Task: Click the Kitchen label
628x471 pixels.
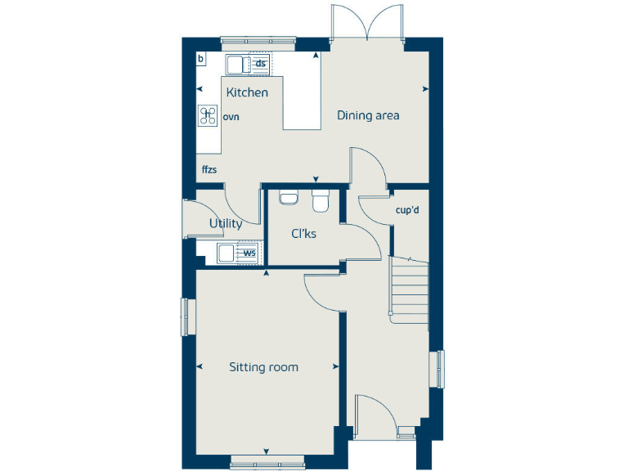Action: point(247,92)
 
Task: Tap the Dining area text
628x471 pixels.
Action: point(368,115)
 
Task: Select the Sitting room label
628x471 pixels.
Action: point(263,367)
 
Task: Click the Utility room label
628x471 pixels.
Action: point(225,223)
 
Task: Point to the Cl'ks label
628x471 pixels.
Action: point(303,234)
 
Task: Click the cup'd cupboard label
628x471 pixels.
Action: point(406,210)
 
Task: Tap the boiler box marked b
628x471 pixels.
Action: point(201,59)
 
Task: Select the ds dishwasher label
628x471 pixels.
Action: point(261,63)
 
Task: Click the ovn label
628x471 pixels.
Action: point(231,117)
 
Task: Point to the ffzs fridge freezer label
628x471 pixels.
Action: point(210,170)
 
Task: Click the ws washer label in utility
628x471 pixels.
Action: point(249,253)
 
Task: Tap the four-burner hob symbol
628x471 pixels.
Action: point(208,116)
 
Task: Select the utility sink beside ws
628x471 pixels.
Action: point(227,253)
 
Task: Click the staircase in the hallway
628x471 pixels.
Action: point(410,289)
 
